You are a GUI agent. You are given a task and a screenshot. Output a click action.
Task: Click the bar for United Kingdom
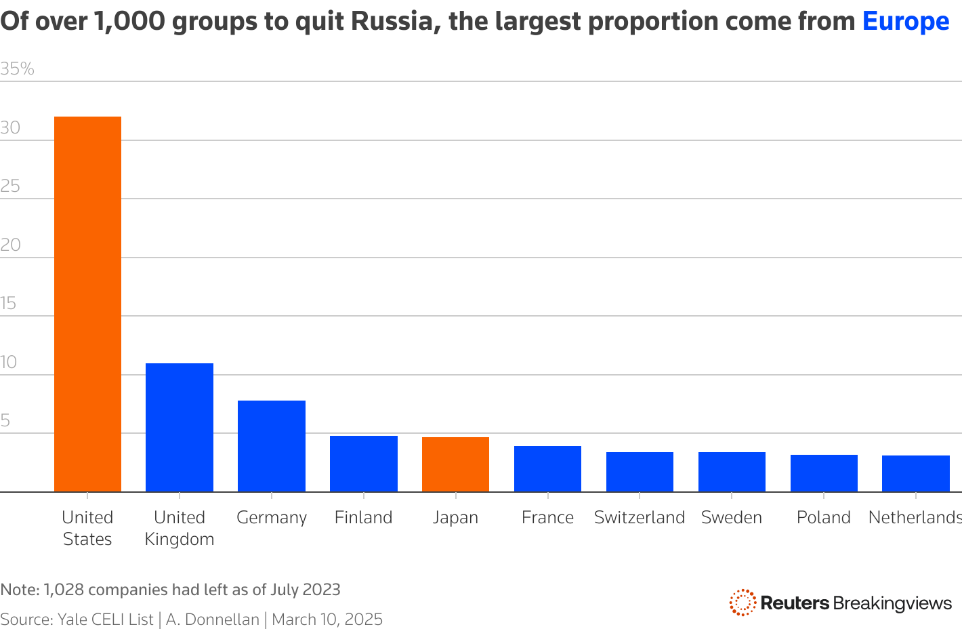180,427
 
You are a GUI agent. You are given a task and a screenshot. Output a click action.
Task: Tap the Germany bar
272,445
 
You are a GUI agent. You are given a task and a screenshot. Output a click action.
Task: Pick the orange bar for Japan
455,464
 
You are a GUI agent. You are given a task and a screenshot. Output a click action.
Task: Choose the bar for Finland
364,464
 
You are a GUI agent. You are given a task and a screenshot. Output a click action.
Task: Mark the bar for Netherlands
915,473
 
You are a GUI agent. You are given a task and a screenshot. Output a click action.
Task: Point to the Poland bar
824,472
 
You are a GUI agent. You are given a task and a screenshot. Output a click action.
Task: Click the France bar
547,468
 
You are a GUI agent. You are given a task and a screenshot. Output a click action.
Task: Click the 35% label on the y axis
17,69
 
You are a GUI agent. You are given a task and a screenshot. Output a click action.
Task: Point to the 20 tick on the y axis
11,245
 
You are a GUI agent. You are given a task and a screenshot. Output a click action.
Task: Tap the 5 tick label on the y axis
5,421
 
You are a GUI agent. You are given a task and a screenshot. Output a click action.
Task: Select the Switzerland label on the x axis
640,517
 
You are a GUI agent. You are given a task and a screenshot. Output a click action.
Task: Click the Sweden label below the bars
732,517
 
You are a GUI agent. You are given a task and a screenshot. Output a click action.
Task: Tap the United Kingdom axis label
180,528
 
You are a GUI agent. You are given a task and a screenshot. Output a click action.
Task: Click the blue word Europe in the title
906,22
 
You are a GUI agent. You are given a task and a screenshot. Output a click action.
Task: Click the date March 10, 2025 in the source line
327,620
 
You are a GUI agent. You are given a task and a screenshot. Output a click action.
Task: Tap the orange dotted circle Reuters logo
743,602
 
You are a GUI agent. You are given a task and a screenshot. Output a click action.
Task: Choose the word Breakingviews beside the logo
892,603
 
